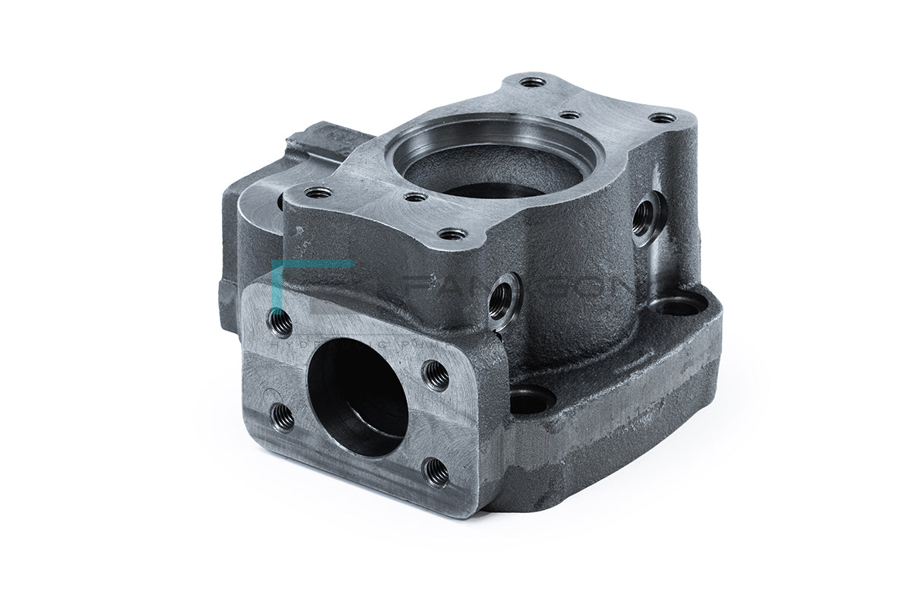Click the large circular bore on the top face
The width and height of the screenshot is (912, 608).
tap(494, 163)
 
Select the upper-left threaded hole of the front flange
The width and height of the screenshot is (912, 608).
tap(280, 324)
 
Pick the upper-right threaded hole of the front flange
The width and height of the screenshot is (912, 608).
tap(436, 375)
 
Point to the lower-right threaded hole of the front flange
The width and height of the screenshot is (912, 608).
tap(437, 472)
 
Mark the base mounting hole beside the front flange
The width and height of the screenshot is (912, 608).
tap(530, 400)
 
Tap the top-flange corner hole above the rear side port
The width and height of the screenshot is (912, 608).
tap(663, 118)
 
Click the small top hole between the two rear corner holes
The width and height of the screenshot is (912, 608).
tap(569, 116)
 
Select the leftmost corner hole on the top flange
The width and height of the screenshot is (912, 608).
tap(318, 192)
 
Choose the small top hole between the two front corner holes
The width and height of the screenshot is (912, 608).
tap(416, 197)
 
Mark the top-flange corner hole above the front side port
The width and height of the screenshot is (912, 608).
tap(453, 234)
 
